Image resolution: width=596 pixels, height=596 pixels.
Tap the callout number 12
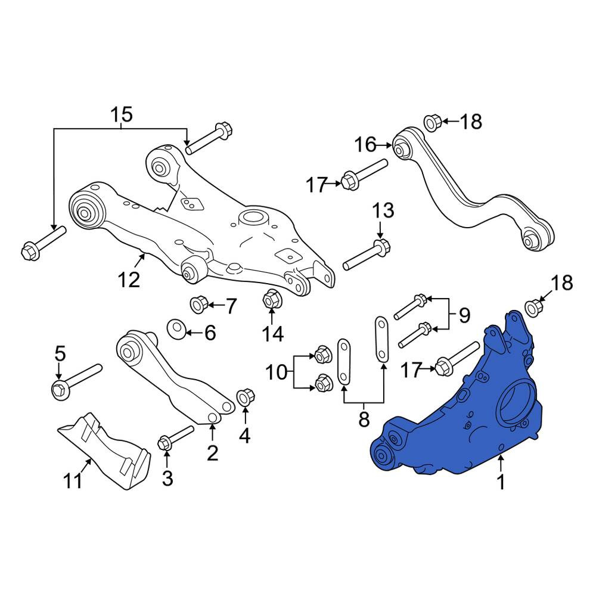pos(129,280)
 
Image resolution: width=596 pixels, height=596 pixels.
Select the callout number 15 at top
pos(121,115)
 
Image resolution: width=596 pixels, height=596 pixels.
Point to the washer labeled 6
pos(176,330)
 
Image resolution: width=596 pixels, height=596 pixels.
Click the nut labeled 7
pos(198,305)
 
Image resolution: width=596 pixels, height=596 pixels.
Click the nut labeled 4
pos(245,398)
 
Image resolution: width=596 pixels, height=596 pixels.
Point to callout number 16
pos(365,145)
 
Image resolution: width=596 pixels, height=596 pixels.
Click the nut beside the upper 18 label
pos(432,122)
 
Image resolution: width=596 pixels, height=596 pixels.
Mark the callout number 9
pos(464,315)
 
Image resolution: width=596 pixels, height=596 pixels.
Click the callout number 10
pos(277,372)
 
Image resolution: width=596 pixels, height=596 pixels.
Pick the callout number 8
pos(364,419)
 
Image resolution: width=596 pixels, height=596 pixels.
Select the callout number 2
pos(212,453)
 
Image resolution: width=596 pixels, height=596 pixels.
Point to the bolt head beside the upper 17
pos(350,181)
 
